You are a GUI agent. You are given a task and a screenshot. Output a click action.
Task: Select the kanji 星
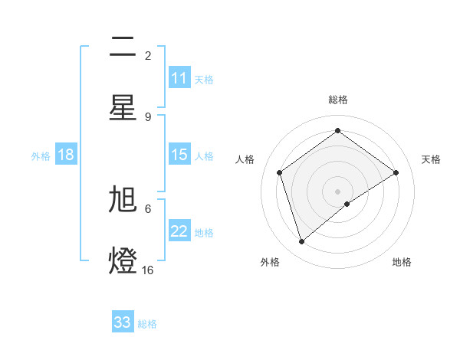tap(123, 107)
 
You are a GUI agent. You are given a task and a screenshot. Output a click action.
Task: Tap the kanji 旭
tap(123, 200)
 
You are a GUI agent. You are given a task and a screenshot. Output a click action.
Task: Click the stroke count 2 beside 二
tap(148, 55)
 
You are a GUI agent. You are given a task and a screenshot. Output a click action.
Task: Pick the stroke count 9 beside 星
tap(148, 116)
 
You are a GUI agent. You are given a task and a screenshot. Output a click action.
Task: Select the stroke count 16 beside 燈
tap(148, 270)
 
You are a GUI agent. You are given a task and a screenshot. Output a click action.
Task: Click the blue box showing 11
tap(179, 78)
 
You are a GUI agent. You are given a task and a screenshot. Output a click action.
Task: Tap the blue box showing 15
tap(179, 155)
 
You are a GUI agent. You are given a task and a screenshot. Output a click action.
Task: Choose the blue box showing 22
tap(179, 231)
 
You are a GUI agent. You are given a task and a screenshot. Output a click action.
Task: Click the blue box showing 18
tap(66, 155)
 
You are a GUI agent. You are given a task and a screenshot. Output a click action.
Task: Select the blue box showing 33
tap(123, 322)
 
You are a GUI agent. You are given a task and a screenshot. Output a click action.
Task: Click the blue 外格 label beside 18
tap(41, 155)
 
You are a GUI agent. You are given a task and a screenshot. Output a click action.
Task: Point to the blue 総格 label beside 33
tap(147, 323)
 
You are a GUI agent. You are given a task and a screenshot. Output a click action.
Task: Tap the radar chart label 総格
tap(338, 100)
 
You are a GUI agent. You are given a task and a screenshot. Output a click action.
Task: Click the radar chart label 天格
tap(431, 159)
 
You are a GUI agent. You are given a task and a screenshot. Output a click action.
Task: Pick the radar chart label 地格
tap(402, 262)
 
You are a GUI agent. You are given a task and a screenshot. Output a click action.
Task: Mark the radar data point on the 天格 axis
tap(396, 172)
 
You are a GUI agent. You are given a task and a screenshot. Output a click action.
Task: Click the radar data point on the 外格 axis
tap(301, 242)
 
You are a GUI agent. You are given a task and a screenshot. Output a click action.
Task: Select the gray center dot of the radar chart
tap(337, 191)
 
